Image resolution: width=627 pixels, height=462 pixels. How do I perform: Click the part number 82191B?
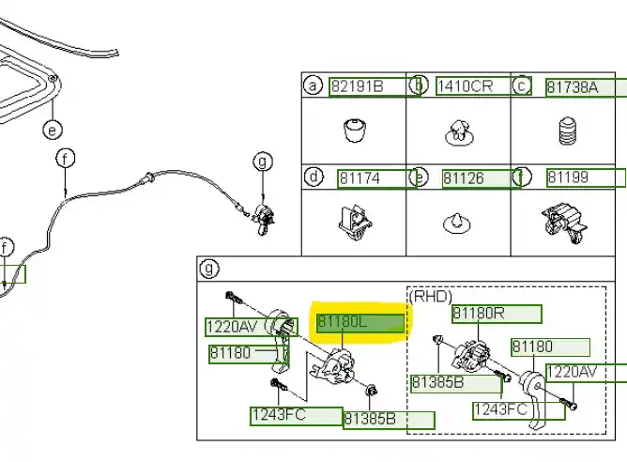pyautogui.click(x=357, y=87)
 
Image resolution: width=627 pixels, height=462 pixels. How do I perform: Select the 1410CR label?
pyautogui.click(x=464, y=87)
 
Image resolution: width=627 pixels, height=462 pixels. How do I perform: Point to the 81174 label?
pyautogui.click(x=361, y=177)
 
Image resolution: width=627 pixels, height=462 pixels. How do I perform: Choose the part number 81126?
pyautogui.click(x=464, y=177)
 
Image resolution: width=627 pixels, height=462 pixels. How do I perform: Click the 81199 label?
pyautogui.click(x=569, y=177)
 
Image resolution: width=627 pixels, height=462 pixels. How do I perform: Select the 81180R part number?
pyautogui.click(x=479, y=314)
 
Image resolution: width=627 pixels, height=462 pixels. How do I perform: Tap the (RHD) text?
pyautogui.click(x=431, y=295)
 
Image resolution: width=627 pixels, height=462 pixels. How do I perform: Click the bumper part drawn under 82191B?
pyautogui.click(x=354, y=130)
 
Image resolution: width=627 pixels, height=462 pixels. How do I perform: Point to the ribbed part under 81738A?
pyautogui.click(x=567, y=131)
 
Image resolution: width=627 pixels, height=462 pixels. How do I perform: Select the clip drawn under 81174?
pyautogui.click(x=353, y=223)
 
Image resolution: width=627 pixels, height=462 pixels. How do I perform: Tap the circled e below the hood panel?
pyautogui.click(x=53, y=130)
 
